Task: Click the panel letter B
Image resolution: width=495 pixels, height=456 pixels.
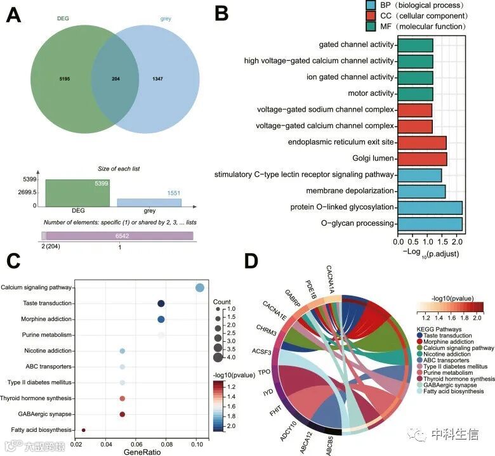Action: [x=221, y=13]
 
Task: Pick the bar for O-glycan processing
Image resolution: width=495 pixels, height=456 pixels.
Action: [x=430, y=223]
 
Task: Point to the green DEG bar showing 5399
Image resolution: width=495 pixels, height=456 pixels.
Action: [x=76, y=192]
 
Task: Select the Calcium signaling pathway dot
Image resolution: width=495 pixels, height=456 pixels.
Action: [x=200, y=287]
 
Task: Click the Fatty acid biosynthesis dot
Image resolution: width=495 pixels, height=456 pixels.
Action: [x=84, y=430]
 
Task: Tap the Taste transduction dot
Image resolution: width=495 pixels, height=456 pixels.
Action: [x=161, y=304]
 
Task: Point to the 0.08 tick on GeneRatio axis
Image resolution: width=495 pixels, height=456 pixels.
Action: [x=163, y=443]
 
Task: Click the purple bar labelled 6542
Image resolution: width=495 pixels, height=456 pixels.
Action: [x=119, y=235]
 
